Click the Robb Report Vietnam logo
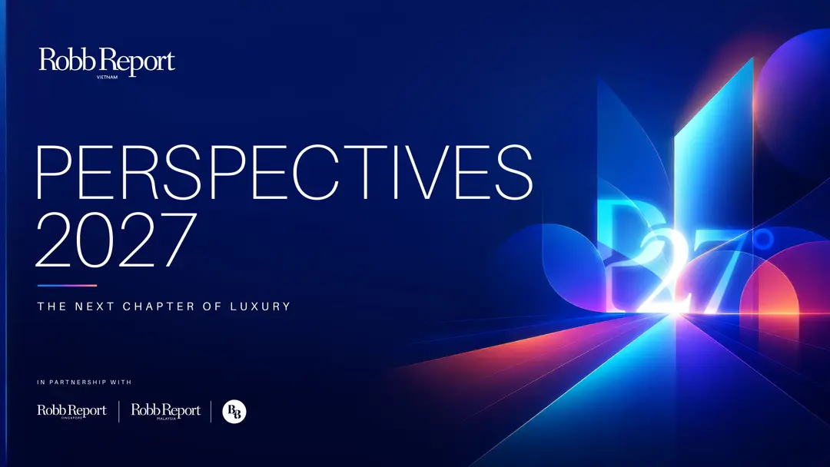point(107,63)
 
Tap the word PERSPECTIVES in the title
point(284,172)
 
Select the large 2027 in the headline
point(116,240)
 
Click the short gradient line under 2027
point(67,286)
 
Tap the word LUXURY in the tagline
point(260,306)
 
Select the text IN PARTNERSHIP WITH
point(85,382)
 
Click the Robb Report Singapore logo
point(72,412)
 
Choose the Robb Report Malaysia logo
point(166,412)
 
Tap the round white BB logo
point(234,412)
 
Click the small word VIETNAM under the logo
point(108,78)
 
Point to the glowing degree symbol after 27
point(764,239)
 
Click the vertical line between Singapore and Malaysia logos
point(118,412)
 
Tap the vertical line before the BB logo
point(211,412)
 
